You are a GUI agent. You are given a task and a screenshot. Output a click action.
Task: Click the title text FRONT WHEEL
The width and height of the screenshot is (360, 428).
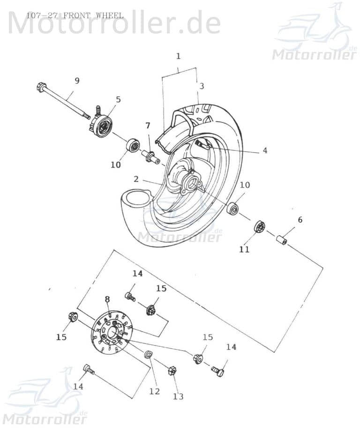93,15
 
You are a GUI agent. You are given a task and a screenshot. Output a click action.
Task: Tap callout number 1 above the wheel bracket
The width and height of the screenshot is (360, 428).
178,56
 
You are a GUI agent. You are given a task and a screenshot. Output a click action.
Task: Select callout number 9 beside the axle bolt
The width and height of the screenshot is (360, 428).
77,81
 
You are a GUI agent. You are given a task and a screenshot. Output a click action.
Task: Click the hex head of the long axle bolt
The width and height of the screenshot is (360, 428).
41,87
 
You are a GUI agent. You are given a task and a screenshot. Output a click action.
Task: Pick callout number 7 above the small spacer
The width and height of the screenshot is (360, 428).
148,126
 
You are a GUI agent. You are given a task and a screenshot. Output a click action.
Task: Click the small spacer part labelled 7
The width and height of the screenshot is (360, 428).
150,155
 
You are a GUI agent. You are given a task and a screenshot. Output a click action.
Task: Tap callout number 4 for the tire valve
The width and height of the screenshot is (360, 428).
264,151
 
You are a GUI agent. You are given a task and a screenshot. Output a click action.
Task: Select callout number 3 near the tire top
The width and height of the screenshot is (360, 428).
202,86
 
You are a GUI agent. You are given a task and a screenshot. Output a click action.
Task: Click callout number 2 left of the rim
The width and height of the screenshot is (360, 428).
135,179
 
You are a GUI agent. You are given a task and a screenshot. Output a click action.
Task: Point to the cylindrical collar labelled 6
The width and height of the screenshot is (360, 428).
281,240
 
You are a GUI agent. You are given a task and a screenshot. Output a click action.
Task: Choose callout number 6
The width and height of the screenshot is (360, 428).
300,220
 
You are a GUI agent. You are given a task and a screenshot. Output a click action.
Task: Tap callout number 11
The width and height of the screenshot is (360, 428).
244,250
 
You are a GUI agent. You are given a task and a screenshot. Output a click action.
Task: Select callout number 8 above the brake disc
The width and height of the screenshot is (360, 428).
107,299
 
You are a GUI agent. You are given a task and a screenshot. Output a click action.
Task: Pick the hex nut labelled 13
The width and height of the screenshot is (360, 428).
172,371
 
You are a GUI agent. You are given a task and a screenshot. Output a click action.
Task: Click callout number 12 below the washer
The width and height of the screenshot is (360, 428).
154,391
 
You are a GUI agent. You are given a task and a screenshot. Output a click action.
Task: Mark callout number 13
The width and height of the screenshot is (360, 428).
178,397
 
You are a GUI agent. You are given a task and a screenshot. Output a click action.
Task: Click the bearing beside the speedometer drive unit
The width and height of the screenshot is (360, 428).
133,145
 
